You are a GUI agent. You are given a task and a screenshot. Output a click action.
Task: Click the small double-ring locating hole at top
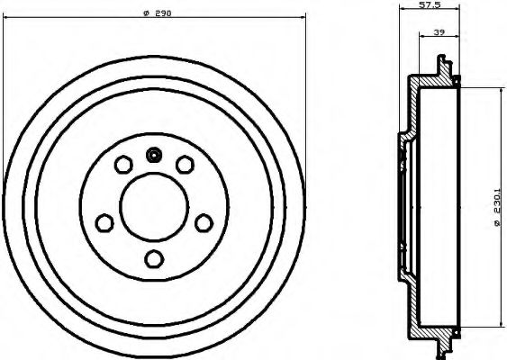click(154, 154)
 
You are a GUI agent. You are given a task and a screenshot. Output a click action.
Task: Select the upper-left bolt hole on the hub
click(122, 165)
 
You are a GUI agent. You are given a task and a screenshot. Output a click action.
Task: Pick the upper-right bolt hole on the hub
click(185, 164)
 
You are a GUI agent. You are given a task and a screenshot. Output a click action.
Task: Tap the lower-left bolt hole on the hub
click(104, 221)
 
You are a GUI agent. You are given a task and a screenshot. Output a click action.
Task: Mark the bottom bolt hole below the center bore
click(154, 259)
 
